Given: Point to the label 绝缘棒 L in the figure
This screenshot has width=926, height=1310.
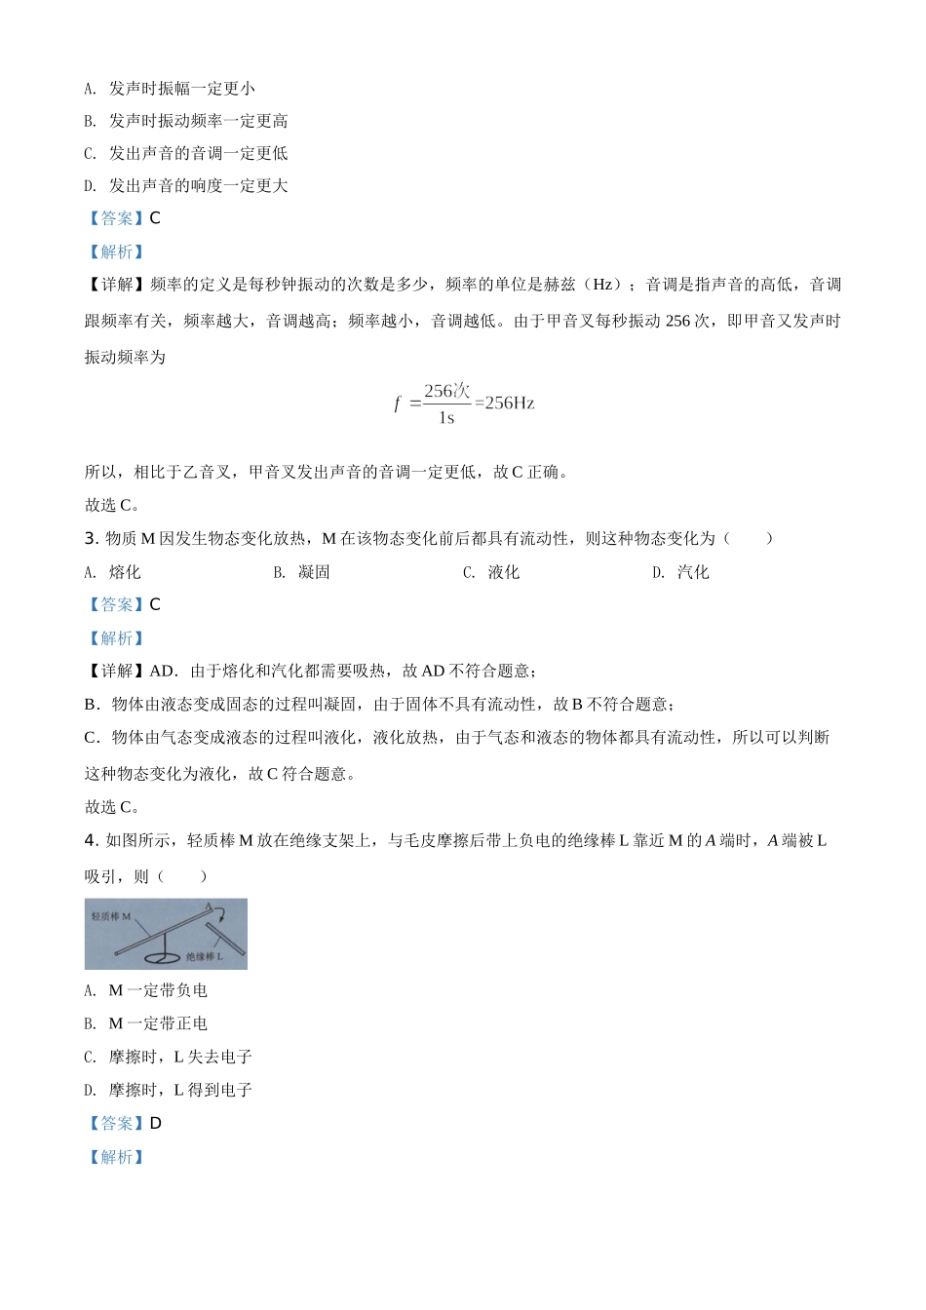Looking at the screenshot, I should (206, 957).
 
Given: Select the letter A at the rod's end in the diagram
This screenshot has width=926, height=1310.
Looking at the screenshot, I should (208, 905).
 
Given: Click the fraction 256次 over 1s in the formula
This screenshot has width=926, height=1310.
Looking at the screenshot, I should (446, 404).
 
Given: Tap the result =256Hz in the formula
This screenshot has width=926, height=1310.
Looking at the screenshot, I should (505, 403).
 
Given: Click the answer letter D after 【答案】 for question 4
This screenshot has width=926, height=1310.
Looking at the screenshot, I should (156, 1123).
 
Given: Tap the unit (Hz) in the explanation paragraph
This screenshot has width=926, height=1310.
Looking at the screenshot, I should (603, 285).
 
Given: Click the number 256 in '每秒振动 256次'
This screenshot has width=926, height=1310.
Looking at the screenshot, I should (677, 321).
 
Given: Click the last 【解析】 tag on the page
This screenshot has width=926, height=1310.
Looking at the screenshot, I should (116, 1157).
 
